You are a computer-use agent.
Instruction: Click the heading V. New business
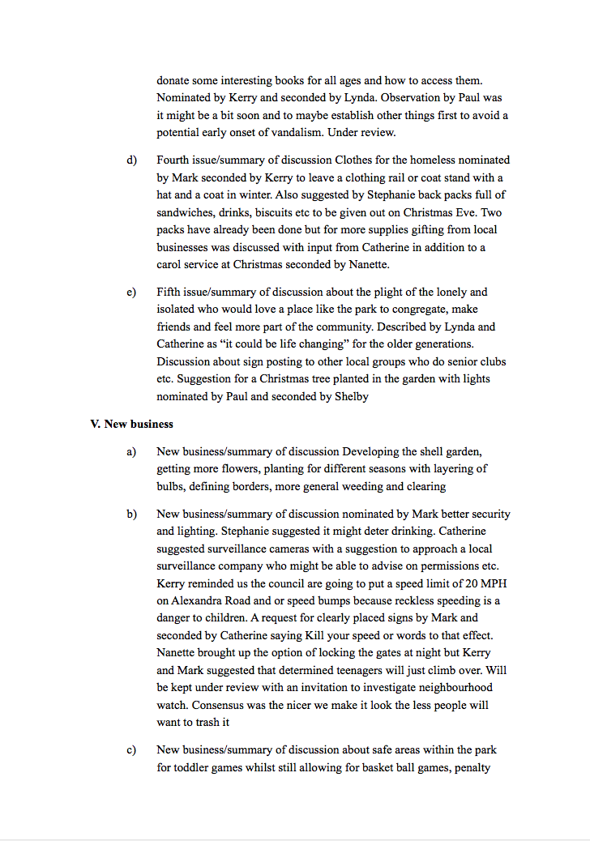tap(131, 424)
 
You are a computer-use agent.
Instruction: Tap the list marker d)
tap(131, 160)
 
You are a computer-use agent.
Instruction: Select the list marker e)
tap(131, 292)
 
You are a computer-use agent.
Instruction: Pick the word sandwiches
tap(186, 212)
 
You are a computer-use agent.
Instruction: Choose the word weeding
tap(370, 486)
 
